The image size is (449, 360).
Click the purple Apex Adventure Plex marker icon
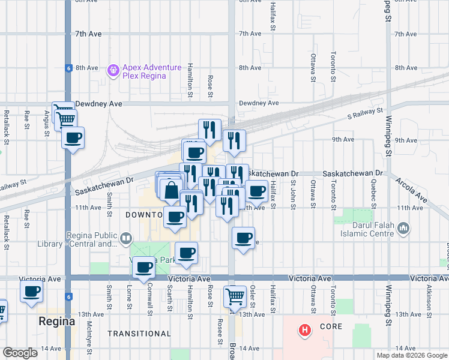pos(113,71)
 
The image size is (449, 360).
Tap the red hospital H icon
pos(305,330)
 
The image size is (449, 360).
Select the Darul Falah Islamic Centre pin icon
pos(403,228)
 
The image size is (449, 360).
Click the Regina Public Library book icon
pos(125,239)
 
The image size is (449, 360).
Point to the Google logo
pos(20,353)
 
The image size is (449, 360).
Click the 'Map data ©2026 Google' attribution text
pos(412,355)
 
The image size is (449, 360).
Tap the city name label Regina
pos(57,321)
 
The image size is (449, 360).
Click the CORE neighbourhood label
pos(331,327)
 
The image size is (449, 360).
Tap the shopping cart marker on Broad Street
pos(235,296)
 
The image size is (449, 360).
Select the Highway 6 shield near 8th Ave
pos(70,68)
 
